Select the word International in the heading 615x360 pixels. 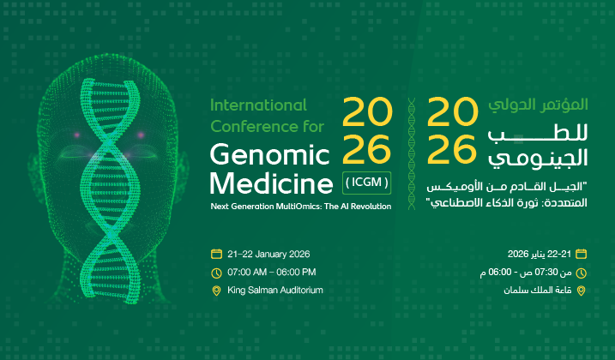[258, 105]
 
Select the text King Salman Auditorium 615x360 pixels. [274, 291]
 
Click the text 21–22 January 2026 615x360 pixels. [268, 254]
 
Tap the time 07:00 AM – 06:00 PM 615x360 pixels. [271, 272]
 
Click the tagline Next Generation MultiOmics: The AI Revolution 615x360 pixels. [300, 206]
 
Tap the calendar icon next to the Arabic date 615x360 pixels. [582, 254]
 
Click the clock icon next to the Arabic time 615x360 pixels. [582, 273]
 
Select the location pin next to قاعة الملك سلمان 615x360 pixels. [582, 291]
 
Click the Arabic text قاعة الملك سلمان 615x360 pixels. [540, 291]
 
